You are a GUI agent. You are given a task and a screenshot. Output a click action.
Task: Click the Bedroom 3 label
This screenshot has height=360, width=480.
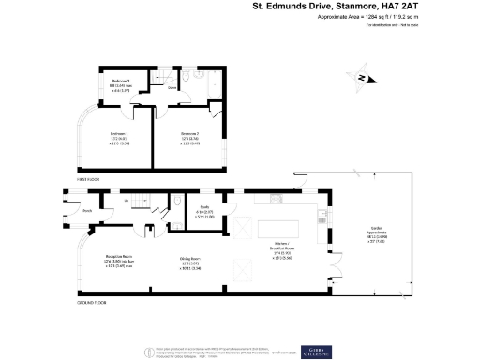coord(119,84)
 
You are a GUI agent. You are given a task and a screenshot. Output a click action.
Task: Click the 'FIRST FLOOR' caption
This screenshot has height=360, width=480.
coord(89,178)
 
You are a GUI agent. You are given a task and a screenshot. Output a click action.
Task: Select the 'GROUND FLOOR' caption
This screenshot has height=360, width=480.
coord(92,303)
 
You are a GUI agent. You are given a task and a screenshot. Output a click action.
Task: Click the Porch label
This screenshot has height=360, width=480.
coord(86,210)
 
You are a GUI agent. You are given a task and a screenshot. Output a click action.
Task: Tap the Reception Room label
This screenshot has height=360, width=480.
coord(102,260)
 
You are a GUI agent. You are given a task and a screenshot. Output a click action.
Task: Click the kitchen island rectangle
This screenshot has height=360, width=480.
coord(280,228)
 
